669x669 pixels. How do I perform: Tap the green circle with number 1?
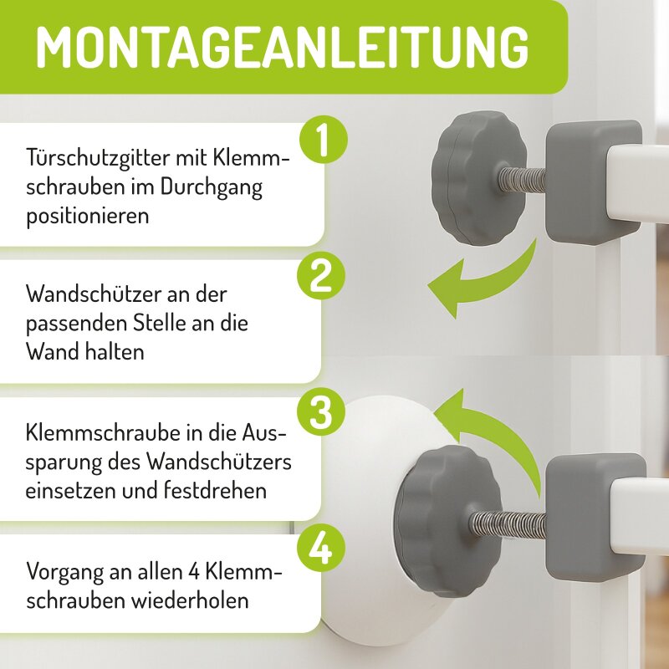click(324, 139)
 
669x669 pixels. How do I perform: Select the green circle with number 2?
click(321, 276)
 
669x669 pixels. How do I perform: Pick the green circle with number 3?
click(321, 412)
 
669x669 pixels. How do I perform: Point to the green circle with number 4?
click(321, 549)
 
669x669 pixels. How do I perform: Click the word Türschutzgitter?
click(98, 159)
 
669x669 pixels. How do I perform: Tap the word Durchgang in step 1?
click(212, 186)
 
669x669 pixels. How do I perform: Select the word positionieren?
click(88, 216)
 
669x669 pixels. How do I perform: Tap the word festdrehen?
click(216, 490)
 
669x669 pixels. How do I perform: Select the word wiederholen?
click(190, 600)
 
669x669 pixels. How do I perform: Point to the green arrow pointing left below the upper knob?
click(483, 282)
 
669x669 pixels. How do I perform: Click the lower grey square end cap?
click(596, 518)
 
